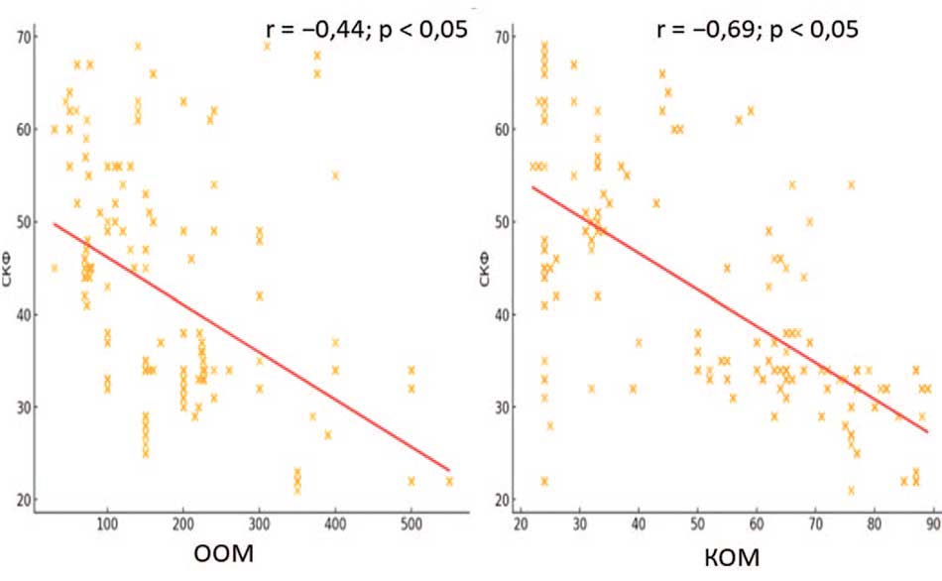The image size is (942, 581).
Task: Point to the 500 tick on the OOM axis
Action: pos(411,523)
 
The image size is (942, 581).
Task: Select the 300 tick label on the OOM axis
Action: pos(259,523)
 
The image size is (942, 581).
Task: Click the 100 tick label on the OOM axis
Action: pos(106,523)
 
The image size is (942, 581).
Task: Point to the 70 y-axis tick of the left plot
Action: pos(23,37)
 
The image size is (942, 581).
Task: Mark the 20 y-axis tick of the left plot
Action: pos(23,499)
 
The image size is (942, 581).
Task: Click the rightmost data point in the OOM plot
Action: pos(449,481)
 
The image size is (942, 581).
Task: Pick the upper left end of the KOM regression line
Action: pos(533,186)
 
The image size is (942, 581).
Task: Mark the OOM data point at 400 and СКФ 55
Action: pos(335,174)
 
